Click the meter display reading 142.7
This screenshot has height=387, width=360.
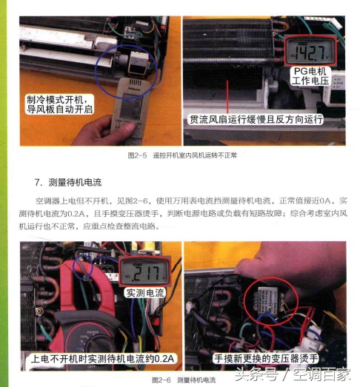point(311,50)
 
